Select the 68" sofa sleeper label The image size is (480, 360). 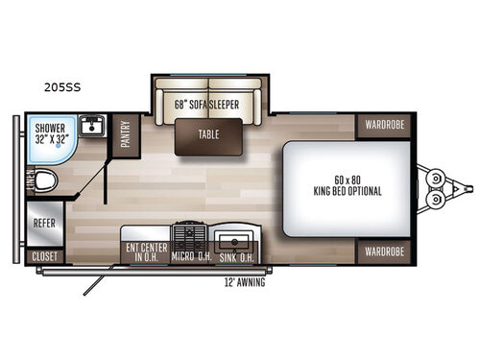(206, 104)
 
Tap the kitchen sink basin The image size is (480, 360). (233, 240)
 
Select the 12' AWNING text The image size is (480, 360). (244, 282)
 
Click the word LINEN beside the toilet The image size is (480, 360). (30, 180)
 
